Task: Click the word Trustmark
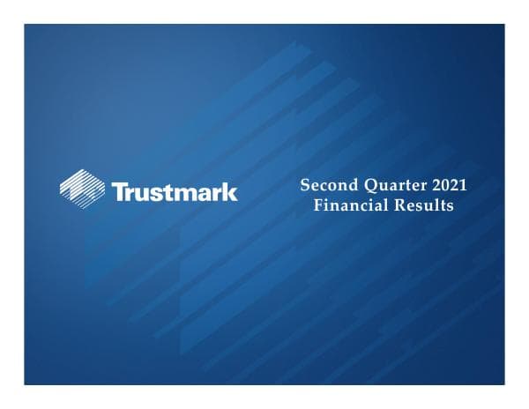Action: [174, 190]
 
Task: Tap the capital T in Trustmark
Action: [118, 190]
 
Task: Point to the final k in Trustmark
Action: [231, 190]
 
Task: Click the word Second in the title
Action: [325, 186]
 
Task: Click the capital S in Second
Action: [305, 186]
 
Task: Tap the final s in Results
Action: [449, 206]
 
